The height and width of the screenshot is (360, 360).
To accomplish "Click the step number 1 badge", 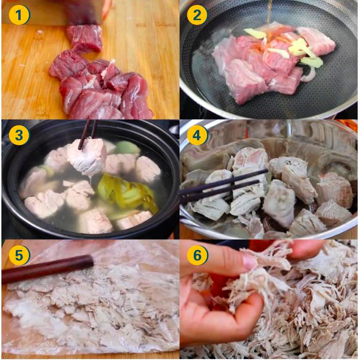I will click(x=19, y=15).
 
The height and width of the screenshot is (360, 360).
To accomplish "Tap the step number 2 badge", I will click(x=197, y=15).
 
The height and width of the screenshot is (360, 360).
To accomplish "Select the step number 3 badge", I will click(x=19, y=135).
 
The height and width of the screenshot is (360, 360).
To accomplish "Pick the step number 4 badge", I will click(x=197, y=135).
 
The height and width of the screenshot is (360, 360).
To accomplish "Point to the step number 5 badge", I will click(x=19, y=255).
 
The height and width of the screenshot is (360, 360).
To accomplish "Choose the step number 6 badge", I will click(x=197, y=255).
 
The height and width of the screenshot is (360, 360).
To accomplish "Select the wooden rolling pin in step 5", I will click(x=46, y=269).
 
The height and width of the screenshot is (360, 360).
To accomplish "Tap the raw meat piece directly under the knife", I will click(x=85, y=38).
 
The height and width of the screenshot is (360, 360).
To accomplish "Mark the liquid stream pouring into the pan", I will click(x=268, y=12).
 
